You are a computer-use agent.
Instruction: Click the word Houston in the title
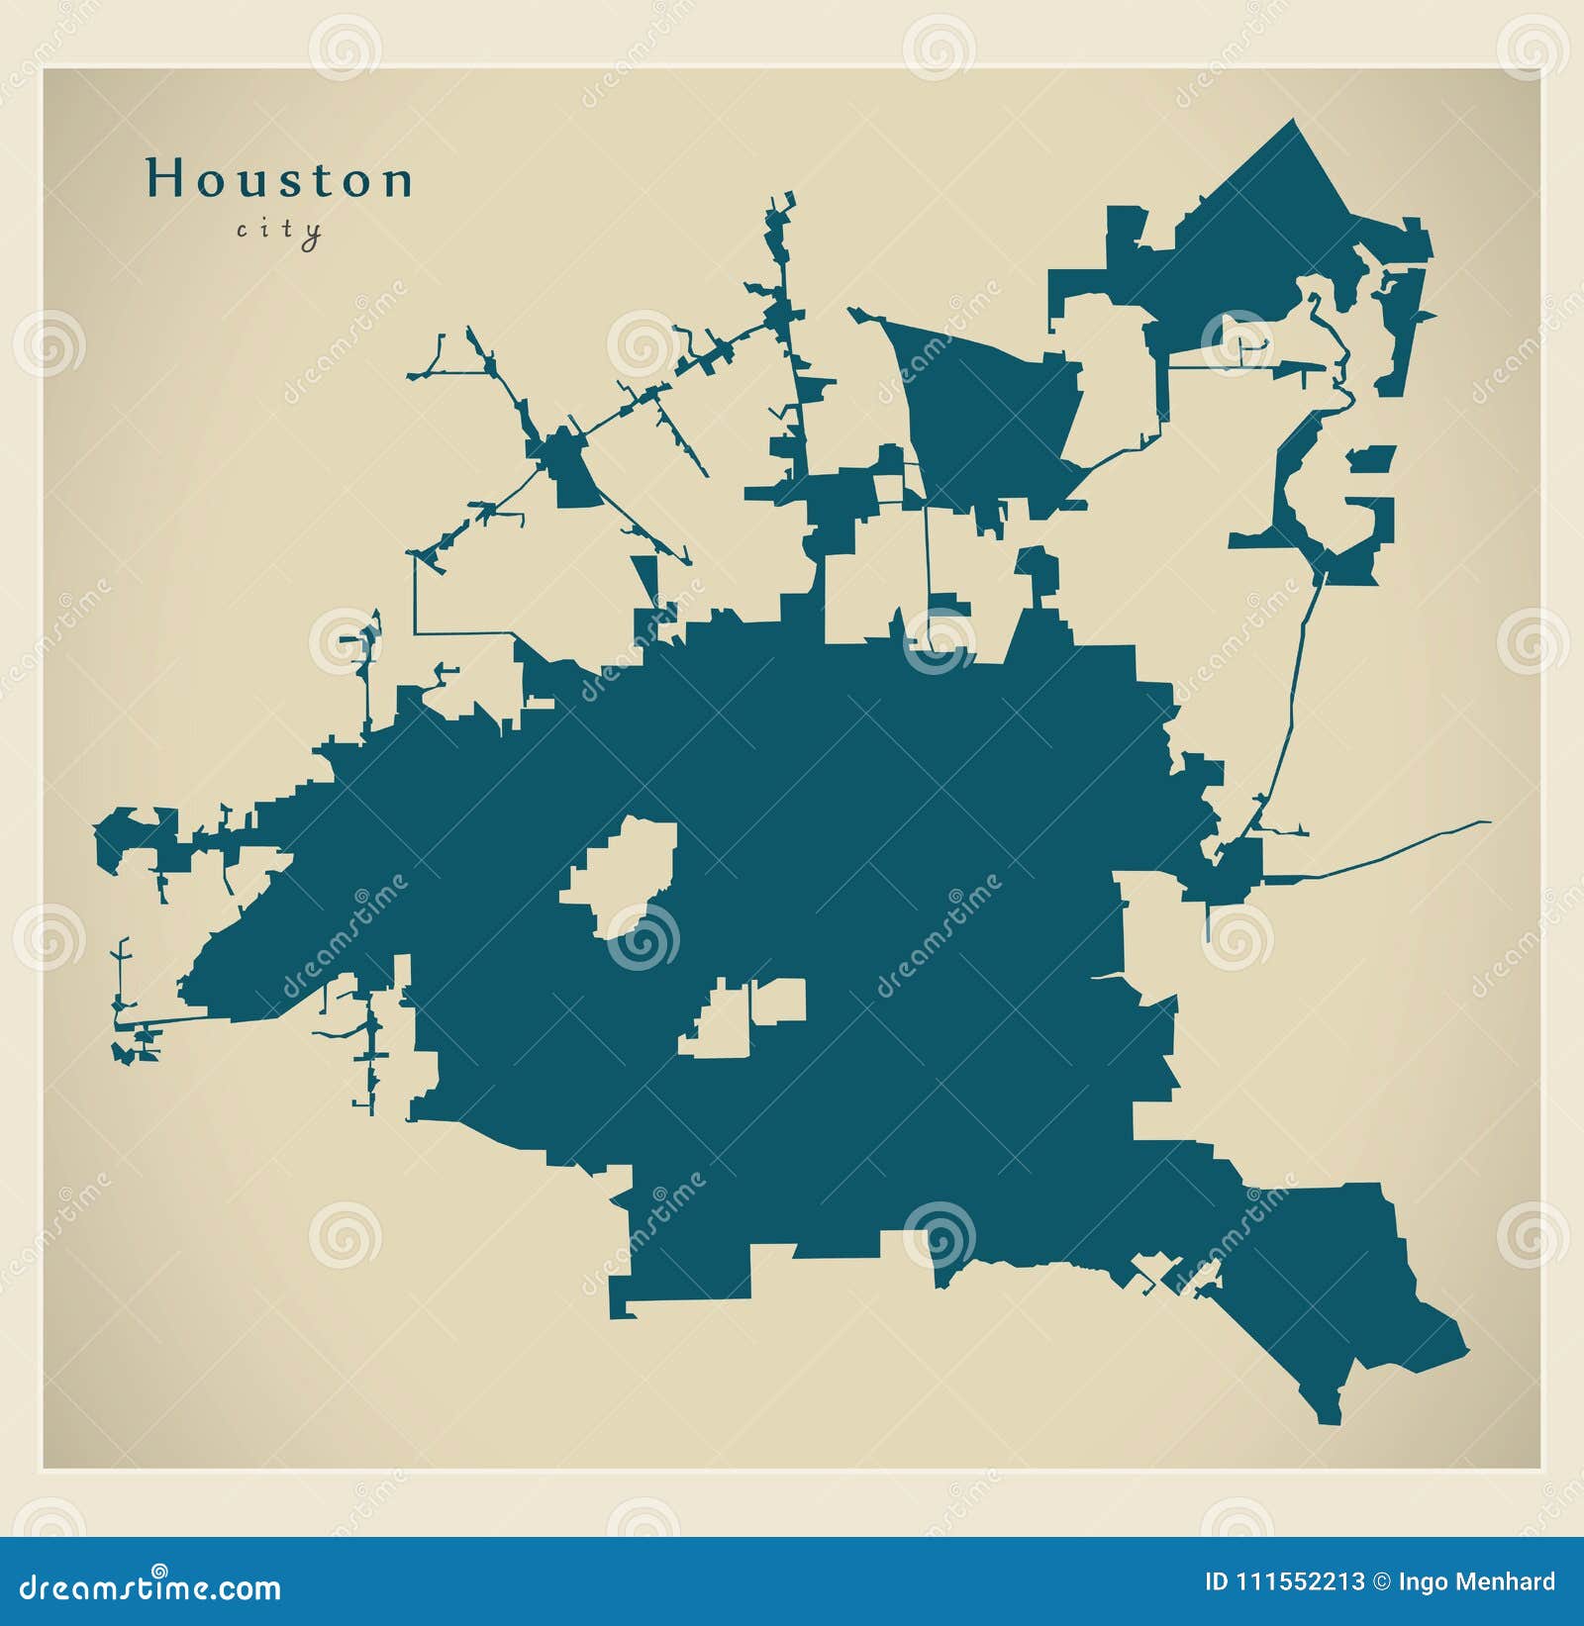point(279,180)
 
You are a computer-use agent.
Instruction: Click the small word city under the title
point(279,231)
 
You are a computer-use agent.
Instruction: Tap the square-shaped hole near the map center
point(779,1001)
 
